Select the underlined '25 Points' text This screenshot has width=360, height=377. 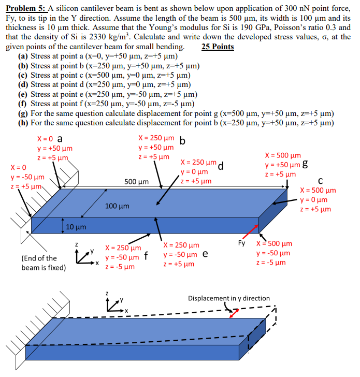tap(217, 47)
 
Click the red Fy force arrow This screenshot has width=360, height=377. tap(251, 228)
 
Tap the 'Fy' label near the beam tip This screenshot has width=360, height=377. tap(241, 242)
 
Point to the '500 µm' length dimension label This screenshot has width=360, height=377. tap(137, 182)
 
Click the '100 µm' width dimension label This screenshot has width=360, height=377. tap(117, 206)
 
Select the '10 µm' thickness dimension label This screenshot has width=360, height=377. tap(77, 227)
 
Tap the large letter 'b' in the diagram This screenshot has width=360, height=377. tap(182, 141)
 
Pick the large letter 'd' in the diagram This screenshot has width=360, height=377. tap(221, 166)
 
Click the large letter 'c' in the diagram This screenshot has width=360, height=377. tap(321, 180)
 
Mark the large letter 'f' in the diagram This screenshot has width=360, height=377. tap(147, 256)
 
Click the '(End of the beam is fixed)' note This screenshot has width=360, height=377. tap(44, 263)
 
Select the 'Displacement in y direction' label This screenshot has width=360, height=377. tap(228, 298)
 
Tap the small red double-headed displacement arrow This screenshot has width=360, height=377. tap(236, 313)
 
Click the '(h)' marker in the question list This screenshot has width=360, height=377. tap(24, 123)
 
